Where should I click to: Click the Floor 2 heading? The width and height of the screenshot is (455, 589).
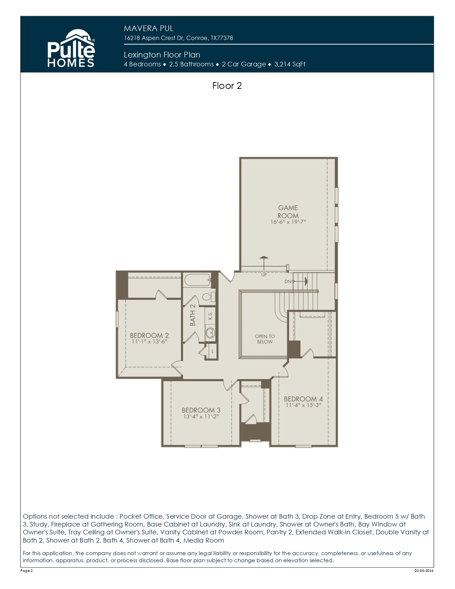click(227, 86)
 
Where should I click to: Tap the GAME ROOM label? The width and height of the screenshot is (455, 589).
click(288, 212)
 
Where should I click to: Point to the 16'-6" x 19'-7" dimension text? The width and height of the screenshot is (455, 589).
click(288, 222)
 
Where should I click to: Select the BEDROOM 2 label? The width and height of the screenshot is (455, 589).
click(149, 336)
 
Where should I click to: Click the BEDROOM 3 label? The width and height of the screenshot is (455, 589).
click(201, 411)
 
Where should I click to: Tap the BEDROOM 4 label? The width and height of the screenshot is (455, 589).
click(303, 399)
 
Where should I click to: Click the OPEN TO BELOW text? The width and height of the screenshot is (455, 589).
click(265, 339)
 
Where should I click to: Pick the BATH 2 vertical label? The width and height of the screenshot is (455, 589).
click(193, 315)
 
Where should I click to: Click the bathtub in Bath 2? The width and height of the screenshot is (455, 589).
click(197, 280)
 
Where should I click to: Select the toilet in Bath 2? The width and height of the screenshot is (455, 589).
click(209, 296)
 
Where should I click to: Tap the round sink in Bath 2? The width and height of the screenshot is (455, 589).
click(210, 333)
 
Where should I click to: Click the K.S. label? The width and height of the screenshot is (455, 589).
click(210, 316)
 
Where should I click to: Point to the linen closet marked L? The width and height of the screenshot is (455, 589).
click(213, 351)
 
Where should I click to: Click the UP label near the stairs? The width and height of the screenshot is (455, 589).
click(264, 275)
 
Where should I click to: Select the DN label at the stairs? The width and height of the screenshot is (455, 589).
click(288, 282)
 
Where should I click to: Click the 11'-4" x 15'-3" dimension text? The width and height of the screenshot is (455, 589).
click(303, 406)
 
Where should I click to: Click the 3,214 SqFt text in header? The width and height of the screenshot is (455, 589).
click(290, 64)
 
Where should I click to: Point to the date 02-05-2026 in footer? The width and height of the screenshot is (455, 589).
click(424, 571)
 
